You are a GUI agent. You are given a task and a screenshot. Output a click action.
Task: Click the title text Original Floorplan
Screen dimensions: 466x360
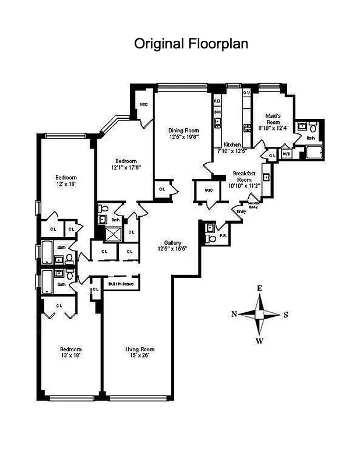(192, 44)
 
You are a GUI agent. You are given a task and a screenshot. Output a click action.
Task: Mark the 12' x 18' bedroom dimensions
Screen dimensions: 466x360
(66, 183)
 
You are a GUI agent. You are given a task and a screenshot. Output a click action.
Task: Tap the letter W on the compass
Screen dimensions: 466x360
(260, 340)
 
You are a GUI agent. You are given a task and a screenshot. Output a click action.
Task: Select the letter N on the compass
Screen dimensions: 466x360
(234, 314)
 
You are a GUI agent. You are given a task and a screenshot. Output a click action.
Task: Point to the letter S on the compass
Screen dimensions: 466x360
(285, 315)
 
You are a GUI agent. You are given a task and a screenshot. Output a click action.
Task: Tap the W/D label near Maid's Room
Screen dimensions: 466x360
(286, 154)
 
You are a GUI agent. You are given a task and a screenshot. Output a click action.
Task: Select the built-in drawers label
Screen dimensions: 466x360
(121, 284)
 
